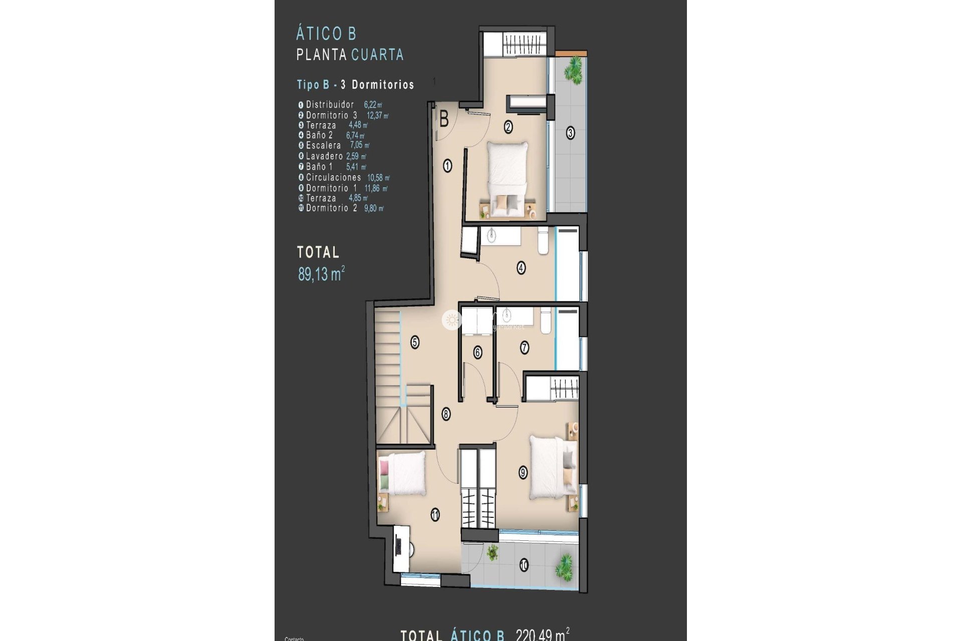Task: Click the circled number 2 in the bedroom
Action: pos(508,127)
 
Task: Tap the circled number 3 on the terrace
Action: pos(570,133)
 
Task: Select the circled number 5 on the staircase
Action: pos(415,343)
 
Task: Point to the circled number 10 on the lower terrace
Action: pos(524,566)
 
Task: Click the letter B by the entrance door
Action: pos(444,120)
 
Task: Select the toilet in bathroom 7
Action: pos(546,320)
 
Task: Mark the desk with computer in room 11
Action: pos(401,547)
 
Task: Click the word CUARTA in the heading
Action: pos(377,55)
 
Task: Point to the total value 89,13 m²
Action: pos(321,274)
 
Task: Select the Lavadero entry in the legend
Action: pos(332,156)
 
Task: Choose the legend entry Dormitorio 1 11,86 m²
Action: pos(343,188)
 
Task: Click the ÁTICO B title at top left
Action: pos(326,34)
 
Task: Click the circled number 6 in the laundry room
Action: pos(477,353)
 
